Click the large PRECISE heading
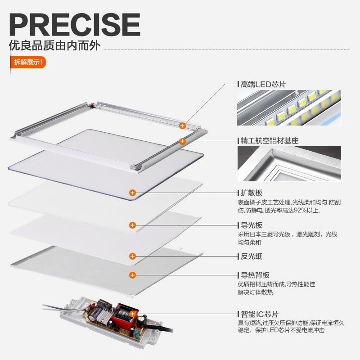[x=74, y=24]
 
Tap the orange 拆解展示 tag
[x=27, y=62]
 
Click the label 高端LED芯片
[x=263, y=84]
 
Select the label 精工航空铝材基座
[x=270, y=140]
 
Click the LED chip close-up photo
[x=289, y=108]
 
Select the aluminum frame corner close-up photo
[x=289, y=163]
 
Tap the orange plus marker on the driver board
[x=132, y=314]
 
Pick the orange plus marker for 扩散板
[x=132, y=193]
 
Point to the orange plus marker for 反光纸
[x=132, y=256]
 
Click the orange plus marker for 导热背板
[x=132, y=274]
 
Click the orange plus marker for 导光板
[x=132, y=225]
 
